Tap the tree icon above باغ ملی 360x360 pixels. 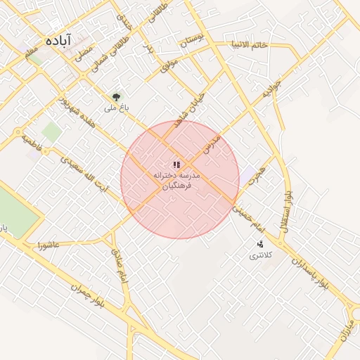[116, 97]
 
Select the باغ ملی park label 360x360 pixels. [112, 108]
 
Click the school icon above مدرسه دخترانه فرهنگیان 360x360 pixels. [176, 164]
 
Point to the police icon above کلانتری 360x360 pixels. [260, 244]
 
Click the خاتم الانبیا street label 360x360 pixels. [250, 45]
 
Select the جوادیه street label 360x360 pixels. [271, 88]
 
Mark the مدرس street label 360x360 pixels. [212, 145]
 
